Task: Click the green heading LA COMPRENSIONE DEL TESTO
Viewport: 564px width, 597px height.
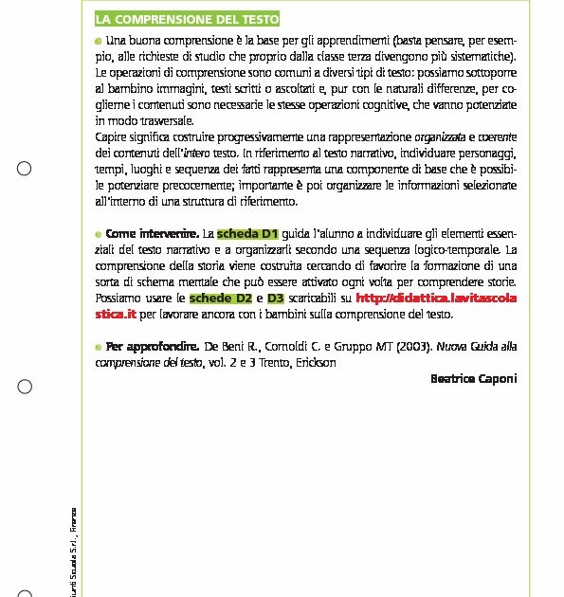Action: pos(187,20)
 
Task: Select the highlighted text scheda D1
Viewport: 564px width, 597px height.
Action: pos(247,233)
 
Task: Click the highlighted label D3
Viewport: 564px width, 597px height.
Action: pos(276,298)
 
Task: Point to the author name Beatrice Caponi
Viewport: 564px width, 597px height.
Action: pos(473,378)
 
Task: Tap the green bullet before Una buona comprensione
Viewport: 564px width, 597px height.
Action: pos(99,42)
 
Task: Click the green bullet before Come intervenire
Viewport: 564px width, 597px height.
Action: pos(99,234)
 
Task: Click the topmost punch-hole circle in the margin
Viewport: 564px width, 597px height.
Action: pos(25,169)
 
